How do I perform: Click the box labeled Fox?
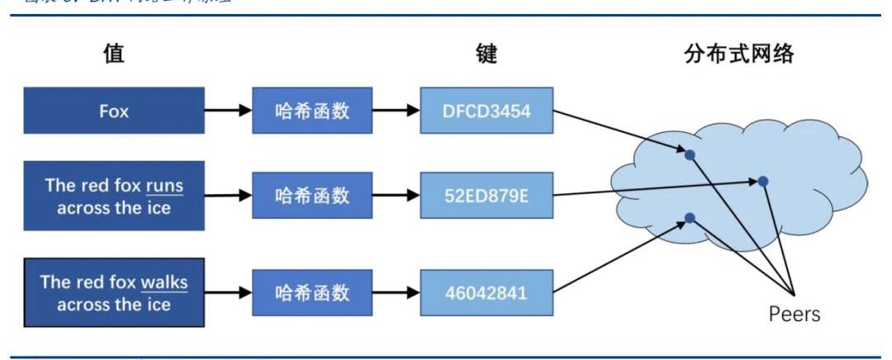[x=114, y=111]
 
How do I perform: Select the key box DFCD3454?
[x=486, y=111]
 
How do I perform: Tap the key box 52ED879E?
[x=486, y=196]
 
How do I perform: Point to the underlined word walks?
[x=164, y=282]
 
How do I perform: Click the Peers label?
[x=793, y=315]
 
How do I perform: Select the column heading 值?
[x=113, y=55]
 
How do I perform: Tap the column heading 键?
[x=486, y=55]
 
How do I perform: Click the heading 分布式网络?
[x=739, y=55]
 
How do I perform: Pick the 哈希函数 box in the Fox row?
[x=312, y=111]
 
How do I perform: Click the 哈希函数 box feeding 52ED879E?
[x=312, y=196]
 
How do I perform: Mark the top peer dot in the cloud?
[x=690, y=154]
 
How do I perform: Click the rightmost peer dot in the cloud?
[x=764, y=181]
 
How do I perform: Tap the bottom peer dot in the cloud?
[x=690, y=218]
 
